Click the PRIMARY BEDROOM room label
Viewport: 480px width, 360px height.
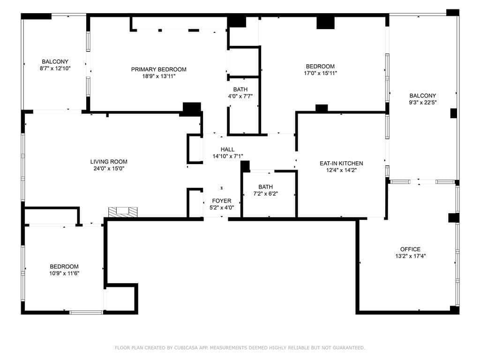[x=158, y=69]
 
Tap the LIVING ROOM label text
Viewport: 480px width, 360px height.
[x=108, y=162]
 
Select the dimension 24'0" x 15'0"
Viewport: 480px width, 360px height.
[x=108, y=169]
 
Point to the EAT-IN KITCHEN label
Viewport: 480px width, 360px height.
[x=341, y=163]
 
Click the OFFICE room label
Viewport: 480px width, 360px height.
[x=410, y=249]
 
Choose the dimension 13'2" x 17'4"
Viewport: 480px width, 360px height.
[x=410, y=256]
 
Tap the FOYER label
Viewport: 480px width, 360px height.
[x=222, y=201]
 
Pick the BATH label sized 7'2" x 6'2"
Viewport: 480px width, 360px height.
[x=265, y=187]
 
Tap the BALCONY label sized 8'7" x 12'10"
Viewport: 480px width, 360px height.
[x=55, y=61]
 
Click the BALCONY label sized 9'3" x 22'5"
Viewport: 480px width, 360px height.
[x=422, y=96]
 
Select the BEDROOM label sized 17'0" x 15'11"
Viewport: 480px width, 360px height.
[x=320, y=66]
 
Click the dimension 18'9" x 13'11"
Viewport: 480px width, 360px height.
[x=158, y=76]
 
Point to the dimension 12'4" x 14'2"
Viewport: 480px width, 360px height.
[x=341, y=170]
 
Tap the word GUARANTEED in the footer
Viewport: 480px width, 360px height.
[x=347, y=348]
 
